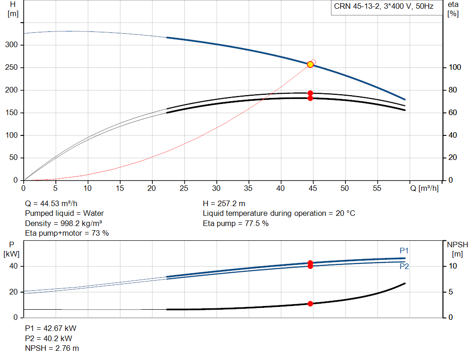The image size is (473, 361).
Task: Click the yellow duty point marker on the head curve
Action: pyautogui.click(x=310, y=65)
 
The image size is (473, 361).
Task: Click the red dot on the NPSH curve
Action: pyautogui.click(x=310, y=304)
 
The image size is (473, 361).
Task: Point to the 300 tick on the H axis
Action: pyautogui.click(x=12, y=45)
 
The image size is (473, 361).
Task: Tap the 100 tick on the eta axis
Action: pyautogui.click(x=455, y=67)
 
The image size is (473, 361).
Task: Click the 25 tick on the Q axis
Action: pyautogui.click(x=184, y=188)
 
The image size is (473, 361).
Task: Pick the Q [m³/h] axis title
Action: pyautogui.click(x=424, y=188)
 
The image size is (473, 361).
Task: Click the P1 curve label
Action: pyautogui.click(x=404, y=251)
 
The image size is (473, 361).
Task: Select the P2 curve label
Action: pyautogui.click(x=404, y=266)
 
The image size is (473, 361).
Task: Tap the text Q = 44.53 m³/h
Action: pyautogui.click(x=51, y=204)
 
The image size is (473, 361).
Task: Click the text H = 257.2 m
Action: pyautogui.click(x=224, y=204)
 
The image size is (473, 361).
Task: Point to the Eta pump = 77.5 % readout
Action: pyautogui.click(x=236, y=223)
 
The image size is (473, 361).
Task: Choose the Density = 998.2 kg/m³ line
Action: pyautogui.click(x=63, y=223)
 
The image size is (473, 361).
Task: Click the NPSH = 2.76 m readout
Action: pyautogui.click(x=52, y=349)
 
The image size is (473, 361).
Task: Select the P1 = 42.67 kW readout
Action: pyautogui.click(x=51, y=328)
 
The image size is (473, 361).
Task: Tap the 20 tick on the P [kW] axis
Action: pyautogui.click(x=13, y=292)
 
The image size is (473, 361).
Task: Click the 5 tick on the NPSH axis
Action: pyautogui.click(x=451, y=292)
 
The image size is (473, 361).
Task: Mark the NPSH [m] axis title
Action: pyautogui.click(x=457, y=249)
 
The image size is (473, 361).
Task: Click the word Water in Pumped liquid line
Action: pyautogui.click(x=93, y=214)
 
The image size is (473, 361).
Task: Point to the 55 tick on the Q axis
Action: pyautogui.click(x=377, y=188)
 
